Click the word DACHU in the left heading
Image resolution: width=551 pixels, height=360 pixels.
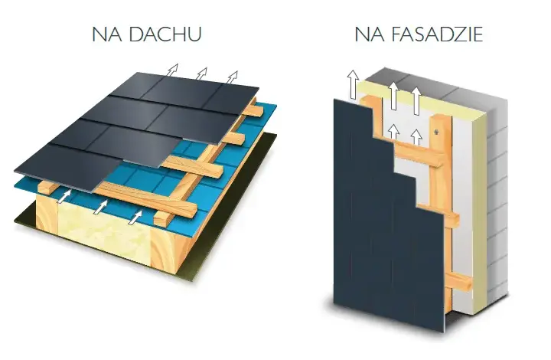(x=165, y=34)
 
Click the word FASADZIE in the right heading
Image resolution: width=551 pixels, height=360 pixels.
(x=436, y=34)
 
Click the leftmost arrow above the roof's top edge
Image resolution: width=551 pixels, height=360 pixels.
(x=172, y=70)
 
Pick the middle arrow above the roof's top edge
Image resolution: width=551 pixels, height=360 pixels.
(x=201, y=73)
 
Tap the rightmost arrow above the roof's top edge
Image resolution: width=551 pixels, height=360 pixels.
(x=232, y=77)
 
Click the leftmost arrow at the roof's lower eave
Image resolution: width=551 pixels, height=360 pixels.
(x=64, y=196)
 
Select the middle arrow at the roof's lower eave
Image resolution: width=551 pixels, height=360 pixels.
(x=100, y=207)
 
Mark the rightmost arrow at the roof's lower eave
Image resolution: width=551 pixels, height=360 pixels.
(x=135, y=217)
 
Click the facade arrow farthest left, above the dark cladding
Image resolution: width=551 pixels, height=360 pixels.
(x=353, y=84)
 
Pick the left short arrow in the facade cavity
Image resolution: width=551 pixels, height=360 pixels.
(x=393, y=132)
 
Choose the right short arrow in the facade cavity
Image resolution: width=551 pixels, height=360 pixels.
(x=416, y=137)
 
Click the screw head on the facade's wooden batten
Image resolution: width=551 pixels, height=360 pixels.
(x=437, y=132)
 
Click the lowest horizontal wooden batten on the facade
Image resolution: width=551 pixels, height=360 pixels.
(x=458, y=279)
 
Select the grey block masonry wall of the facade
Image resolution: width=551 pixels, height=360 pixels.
(x=497, y=197)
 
